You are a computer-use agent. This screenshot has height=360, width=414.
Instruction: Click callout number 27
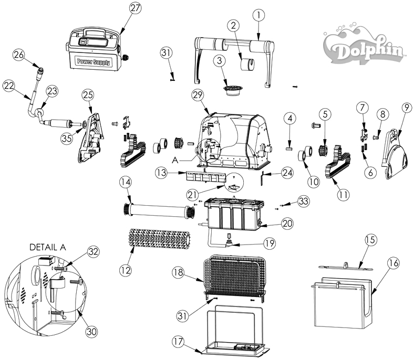click(135, 8)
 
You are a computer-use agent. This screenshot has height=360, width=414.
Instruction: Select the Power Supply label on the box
click(93, 62)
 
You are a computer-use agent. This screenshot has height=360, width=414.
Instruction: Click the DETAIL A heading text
click(47, 247)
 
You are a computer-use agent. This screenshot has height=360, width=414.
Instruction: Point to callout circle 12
click(125, 270)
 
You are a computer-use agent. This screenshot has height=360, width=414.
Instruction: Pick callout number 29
click(198, 95)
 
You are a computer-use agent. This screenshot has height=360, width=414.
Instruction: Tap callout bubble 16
click(394, 263)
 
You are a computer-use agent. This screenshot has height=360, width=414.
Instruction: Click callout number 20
click(287, 224)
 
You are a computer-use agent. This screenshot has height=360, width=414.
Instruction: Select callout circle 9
click(407, 108)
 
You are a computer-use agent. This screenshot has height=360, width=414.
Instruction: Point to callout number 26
click(19, 55)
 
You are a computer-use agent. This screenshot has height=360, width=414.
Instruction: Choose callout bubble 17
click(178, 342)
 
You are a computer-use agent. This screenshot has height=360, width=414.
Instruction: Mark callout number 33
click(303, 201)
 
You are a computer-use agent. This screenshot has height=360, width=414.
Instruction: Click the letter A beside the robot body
click(175, 160)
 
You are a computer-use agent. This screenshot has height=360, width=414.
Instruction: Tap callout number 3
click(220, 61)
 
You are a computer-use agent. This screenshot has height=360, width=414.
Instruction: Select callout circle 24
click(287, 173)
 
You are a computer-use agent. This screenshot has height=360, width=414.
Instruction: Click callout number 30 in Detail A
click(91, 331)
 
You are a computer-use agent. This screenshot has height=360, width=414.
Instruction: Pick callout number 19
click(269, 243)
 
